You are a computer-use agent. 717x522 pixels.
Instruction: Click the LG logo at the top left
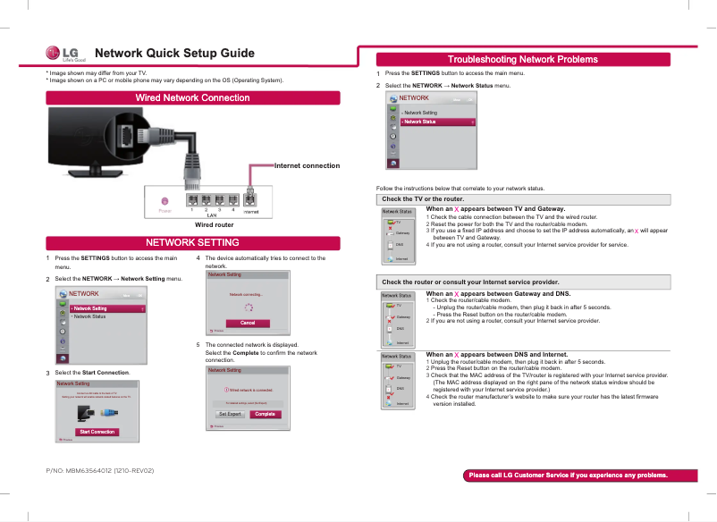(65, 55)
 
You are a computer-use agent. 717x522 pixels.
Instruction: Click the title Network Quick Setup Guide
(174, 54)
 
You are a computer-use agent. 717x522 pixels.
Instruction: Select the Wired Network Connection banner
(192, 97)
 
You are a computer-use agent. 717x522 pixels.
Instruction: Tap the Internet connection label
(307, 165)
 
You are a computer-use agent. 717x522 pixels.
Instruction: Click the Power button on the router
(164, 200)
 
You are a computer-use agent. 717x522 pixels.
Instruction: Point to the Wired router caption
(214, 225)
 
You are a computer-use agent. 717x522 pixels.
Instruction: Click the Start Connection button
(97, 432)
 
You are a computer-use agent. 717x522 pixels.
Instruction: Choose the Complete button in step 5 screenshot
(264, 414)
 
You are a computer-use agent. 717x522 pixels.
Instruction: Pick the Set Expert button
(231, 414)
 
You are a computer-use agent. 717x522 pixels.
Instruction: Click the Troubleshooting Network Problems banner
(523, 59)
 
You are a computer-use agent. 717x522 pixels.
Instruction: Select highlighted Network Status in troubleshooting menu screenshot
(437, 122)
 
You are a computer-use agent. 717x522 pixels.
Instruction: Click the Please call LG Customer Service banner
(568, 475)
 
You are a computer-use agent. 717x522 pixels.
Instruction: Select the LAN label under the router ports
(212, 215)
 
